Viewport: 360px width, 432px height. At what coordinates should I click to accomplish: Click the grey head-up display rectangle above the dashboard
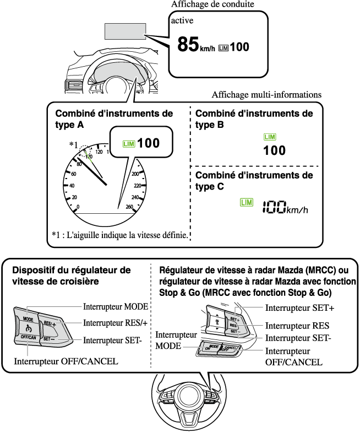(124, 31)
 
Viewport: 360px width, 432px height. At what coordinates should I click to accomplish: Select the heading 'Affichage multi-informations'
(266, 95)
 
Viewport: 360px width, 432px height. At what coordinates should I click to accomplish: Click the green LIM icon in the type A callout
(129, 144)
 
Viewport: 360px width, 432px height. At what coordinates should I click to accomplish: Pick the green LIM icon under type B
(270, 137)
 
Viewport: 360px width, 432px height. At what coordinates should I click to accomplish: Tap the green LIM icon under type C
(246, 203)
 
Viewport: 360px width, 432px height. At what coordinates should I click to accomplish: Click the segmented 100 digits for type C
(275, 207)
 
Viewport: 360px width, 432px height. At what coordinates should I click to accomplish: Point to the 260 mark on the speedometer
(129, 207)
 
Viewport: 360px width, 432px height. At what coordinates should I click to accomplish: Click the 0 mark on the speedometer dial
(78, 207)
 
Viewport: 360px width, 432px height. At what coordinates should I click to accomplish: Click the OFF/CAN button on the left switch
(28, 337)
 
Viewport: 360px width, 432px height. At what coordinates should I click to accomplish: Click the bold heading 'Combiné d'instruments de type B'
(254, 118)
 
